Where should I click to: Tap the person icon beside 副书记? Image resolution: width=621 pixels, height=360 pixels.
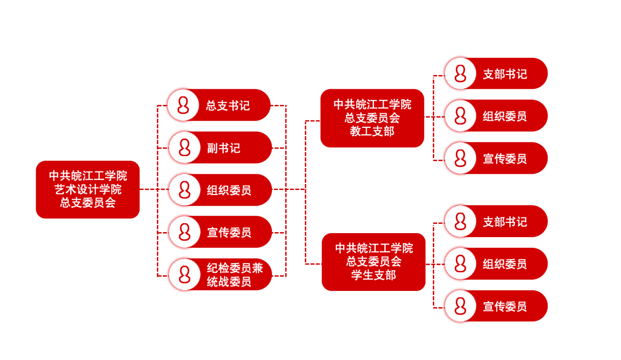(184, 147)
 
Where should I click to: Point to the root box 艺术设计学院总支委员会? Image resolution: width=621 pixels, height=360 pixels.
(88, 190)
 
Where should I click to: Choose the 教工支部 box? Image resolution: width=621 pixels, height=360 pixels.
(372, 118)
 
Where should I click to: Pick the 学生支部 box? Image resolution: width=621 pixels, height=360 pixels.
(373, 262)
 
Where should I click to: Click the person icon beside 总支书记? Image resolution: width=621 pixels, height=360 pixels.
(183, 105)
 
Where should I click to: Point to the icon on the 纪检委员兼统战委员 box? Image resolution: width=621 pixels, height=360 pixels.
(184, 275)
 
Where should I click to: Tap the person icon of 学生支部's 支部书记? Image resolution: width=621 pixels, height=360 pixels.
(460, 222)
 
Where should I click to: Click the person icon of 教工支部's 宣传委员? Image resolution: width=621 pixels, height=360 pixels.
(460, 158)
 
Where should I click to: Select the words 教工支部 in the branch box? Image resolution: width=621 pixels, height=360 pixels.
(372, 131)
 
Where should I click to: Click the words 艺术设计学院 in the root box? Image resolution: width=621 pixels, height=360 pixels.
(88, 190)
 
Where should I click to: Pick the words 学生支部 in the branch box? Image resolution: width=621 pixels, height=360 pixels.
(373, 275)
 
